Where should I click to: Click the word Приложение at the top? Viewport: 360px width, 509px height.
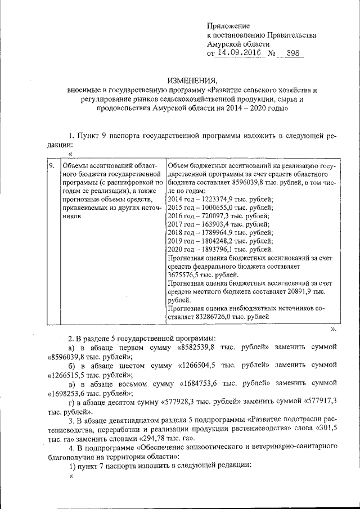point(228,26)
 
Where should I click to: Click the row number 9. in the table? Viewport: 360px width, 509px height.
point(51,166)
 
